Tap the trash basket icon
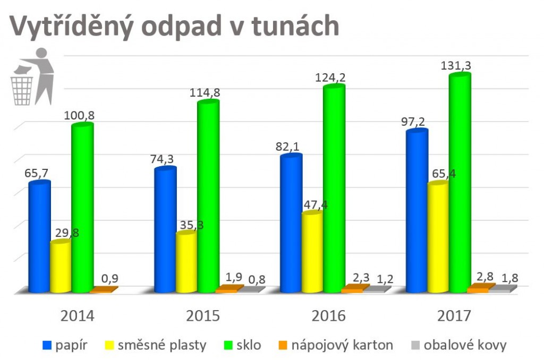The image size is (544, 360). coord(22,90)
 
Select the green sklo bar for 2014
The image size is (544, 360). coord(82,207)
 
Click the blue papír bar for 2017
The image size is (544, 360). coord(417,210)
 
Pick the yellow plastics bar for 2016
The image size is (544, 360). coord(312,252)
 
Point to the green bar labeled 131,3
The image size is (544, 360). coord(460,183)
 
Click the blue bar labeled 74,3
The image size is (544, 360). coord(166,229)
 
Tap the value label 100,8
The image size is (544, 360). coord(79,115)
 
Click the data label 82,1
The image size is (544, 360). coord(287,147)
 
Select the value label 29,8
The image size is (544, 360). coord(67,233)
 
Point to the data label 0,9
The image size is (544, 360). coord(110,279)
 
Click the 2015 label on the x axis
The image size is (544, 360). coord(203,316)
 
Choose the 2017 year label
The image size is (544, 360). coord(454,316)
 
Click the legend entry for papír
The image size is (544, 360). coord(65,346)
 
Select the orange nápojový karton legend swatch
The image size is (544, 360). coord(283,346)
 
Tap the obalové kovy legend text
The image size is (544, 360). coord(465,346)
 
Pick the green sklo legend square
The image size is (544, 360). coord(228,346)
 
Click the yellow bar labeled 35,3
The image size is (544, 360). coord(186,261)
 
